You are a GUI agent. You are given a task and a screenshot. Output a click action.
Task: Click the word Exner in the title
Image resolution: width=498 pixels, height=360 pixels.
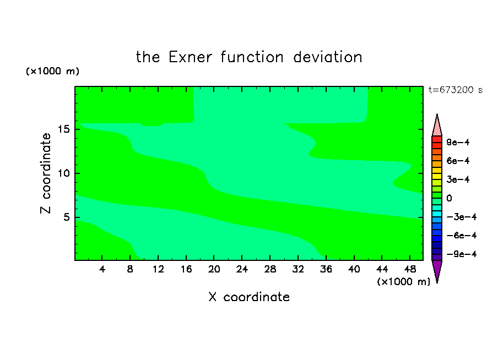[190, 57]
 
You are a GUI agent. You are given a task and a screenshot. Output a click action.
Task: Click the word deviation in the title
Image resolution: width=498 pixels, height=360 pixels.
[328, 57]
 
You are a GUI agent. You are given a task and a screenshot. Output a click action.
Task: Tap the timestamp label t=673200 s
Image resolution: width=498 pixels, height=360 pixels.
[456, 90]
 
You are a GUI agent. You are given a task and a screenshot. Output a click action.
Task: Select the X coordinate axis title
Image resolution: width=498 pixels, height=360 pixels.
[249, 297]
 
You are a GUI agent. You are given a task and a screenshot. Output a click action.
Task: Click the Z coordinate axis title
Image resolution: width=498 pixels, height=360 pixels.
[46, 173]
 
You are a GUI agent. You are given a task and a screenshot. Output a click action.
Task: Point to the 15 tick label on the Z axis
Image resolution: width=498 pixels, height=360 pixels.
[63, 129]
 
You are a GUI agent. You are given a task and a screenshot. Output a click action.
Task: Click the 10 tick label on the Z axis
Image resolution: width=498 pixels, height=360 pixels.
[63, 173]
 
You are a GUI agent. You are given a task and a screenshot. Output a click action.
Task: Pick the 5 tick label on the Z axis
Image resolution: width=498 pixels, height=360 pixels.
[66, 217]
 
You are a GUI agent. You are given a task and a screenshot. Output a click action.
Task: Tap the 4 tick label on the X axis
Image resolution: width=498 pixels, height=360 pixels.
[102, 270]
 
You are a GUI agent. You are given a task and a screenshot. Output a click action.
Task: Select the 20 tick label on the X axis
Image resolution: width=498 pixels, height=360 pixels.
[214, 270]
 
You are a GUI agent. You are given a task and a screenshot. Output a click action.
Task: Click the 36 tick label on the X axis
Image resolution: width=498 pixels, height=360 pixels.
[326, 270]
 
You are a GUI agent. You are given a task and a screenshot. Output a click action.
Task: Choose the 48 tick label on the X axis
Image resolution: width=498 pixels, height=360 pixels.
[410, 270]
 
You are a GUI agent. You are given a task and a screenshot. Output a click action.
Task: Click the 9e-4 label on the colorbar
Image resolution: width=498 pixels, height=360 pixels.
[458, 142]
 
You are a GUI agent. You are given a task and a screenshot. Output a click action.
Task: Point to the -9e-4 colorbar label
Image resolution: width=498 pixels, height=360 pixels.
[462, 254]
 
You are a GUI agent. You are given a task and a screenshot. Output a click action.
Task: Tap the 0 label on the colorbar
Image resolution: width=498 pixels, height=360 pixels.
[449, 198]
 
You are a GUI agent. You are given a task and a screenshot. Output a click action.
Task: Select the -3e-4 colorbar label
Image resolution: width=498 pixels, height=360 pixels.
[462, 217]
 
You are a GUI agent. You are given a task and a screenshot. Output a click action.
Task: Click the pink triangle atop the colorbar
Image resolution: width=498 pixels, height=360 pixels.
[437, 127]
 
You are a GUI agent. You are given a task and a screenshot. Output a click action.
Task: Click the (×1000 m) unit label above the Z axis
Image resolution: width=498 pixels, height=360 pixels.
[52, 71]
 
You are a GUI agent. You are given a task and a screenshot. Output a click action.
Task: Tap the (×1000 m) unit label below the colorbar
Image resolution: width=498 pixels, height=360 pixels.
[403, 282]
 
